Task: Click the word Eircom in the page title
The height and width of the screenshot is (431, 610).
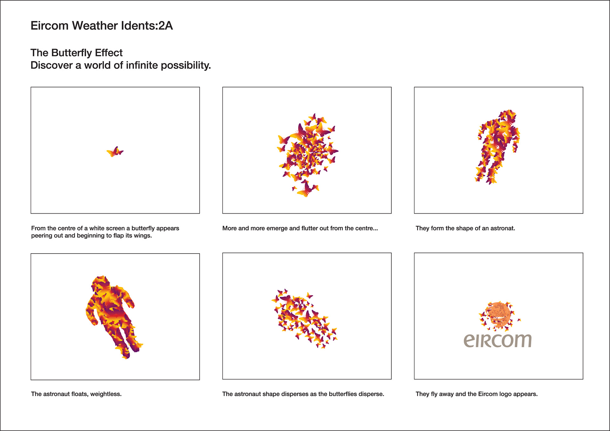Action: [x=49, y=26]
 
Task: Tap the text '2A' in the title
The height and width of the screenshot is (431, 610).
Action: [x=166, y=26]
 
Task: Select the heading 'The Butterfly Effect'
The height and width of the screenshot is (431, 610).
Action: [x=76, y=53]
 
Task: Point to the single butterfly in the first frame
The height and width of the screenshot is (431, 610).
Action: [x=115, y=152]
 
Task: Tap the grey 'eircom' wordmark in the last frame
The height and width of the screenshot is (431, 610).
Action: [x=498, y=341]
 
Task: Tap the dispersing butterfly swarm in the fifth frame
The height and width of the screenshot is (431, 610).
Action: [x=304, y=318]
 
